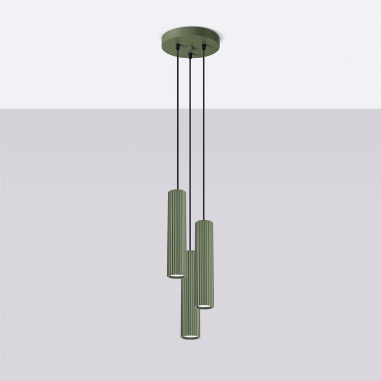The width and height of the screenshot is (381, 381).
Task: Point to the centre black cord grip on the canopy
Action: point(190,55)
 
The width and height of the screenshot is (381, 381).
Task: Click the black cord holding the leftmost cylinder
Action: point(178,122)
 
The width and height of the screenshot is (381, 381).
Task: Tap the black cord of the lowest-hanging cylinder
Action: point(190,155)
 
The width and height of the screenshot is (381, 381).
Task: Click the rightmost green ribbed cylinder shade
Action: point(204,263)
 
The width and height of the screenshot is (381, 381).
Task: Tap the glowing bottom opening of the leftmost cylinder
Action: point(177,275)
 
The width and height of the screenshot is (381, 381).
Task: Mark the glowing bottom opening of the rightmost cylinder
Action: point(204,306)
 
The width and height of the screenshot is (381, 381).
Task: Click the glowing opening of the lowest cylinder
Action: point(190,337)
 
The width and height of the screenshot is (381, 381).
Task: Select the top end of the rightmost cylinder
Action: point(204,222)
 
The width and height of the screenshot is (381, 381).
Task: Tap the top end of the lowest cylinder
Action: point(190,252)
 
